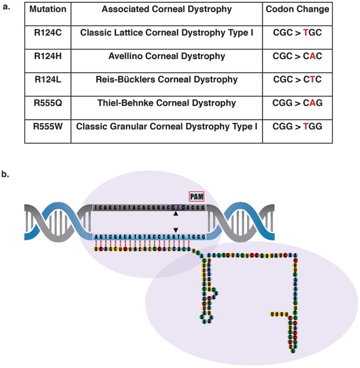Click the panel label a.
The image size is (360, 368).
click(7, 8)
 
